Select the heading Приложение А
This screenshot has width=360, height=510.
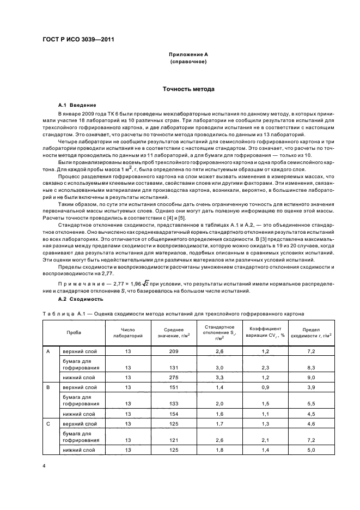187,55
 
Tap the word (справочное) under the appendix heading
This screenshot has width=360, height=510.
187,62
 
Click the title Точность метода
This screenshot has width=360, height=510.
187,89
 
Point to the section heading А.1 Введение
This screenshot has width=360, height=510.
77,104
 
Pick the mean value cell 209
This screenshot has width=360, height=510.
174,352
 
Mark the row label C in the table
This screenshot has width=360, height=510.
48,423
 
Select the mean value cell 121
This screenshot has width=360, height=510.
174,440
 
